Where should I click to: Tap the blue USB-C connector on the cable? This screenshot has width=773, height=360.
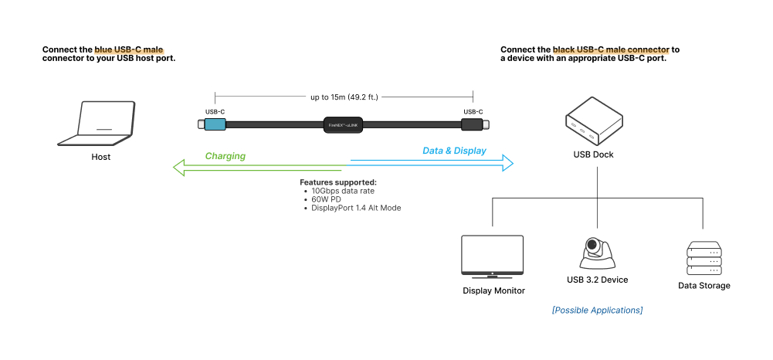pos(214,124)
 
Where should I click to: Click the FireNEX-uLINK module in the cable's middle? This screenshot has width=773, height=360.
pos(344,124)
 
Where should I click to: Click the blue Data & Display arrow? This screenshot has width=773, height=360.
pos(432,161)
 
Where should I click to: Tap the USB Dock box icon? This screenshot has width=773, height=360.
pos(593,121)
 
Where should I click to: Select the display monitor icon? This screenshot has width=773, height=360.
pos(492,256)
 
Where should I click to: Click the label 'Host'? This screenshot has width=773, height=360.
pos(100,157)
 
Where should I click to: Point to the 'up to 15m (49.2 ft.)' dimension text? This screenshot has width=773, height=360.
pos(344,97)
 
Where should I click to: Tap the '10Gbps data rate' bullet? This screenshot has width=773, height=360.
pos(344,190)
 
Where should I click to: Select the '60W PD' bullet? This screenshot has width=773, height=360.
pos(328,199)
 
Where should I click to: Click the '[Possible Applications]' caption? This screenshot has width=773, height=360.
pos(597,310)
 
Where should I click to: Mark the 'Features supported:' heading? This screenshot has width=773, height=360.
pos(337,182)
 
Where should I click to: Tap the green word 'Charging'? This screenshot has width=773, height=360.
pos(225,156)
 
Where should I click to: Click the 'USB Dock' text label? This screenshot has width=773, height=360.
pos(593,155)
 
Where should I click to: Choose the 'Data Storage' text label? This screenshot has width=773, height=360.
pos(703,286)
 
